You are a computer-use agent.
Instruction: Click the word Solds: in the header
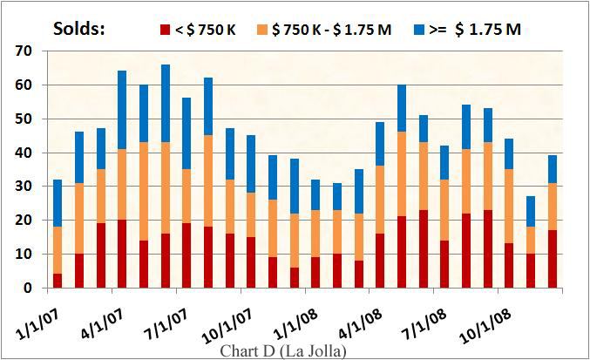78,28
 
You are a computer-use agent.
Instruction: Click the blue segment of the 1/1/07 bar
57,203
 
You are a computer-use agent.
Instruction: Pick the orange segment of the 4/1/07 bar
121,184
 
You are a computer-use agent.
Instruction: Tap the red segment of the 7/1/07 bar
186,255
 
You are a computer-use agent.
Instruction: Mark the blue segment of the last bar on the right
553,169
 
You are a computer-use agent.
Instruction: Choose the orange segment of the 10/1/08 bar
510,207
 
